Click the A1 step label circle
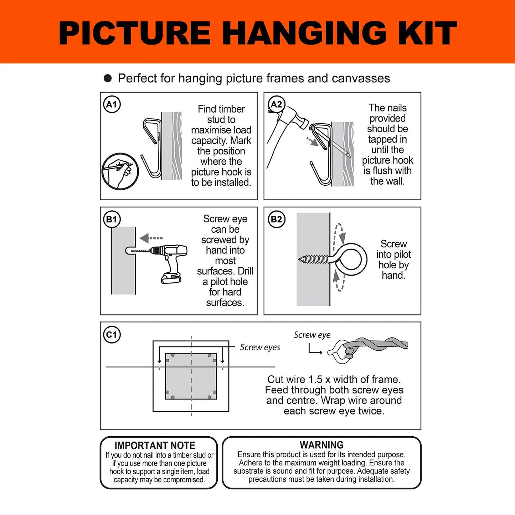tap(112, 104)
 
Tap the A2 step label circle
tap(276, 104)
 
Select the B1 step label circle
tap(112, 219)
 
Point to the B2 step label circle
tap(276, 219)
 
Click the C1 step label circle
tap(112, 335)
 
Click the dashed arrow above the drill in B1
tap(151, 238)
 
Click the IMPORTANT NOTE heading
tap(155, 446)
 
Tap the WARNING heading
tap(321, 445)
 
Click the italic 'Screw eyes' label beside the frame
tap(260, 347)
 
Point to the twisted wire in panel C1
tap(378, 344)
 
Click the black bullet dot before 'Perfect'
tap(108, 78)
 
